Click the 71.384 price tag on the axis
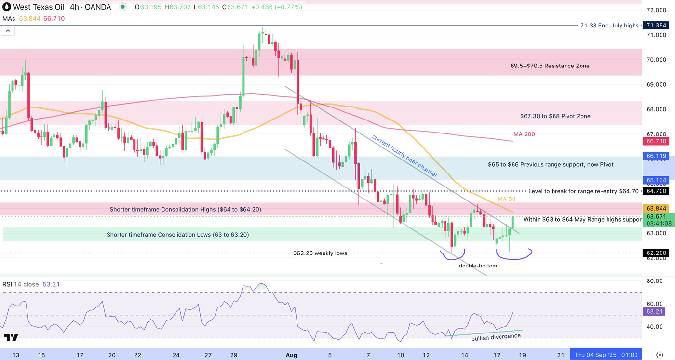pos(656,25)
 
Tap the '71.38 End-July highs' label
pos(610,26)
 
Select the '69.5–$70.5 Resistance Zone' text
pos(550,66)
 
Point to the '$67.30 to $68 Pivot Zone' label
pos(555,116)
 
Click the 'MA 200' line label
pos(524,134)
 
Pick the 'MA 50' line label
pos(506,199)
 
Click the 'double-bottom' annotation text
pos(477,266)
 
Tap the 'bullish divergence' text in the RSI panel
pos(496,337)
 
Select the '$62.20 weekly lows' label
pos(320,253)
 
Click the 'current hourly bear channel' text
pos(404,156)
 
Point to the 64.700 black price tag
pos(656,191)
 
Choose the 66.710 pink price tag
pos(656,141)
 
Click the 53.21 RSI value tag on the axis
pos(656,311)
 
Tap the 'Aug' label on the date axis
pos(291,355)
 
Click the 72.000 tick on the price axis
pos(656,10)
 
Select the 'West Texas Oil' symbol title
pos(36,7)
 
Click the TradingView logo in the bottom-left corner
pos(11,337)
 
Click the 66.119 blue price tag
pos(656,156)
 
